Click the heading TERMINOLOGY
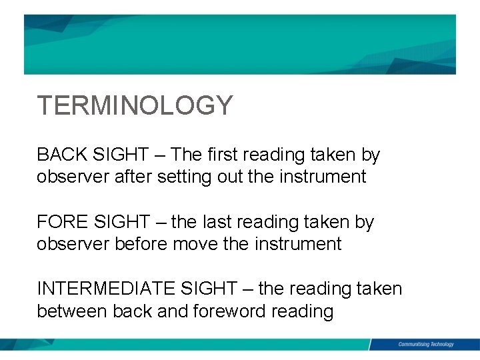coord(135,105)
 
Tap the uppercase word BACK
coord(59,155)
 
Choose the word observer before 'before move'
coord(73,244)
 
